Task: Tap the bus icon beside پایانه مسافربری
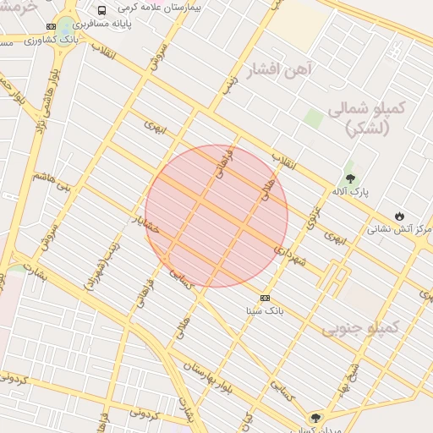click(101, 11)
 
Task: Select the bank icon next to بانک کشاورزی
click(52, 26)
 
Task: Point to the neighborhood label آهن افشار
click(279, 69)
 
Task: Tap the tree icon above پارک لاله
click(350, 178)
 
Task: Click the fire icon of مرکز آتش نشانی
click(400, 216)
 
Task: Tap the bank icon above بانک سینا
click(265, 298)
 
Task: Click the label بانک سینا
click(263, 310)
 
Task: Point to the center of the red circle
click(216, 216)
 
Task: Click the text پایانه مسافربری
click(143, 25)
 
